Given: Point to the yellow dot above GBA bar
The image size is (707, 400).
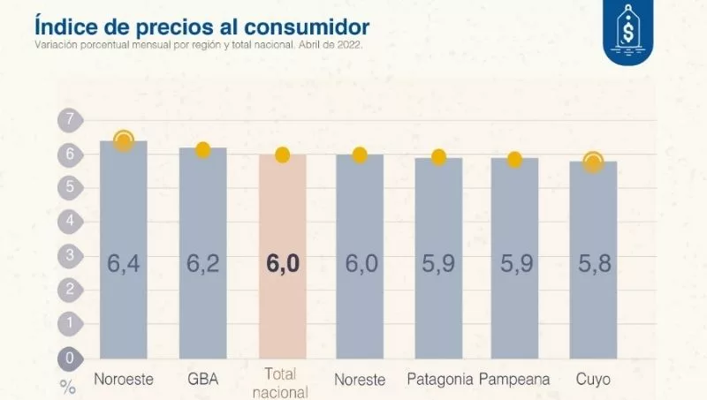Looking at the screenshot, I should coord(202,149).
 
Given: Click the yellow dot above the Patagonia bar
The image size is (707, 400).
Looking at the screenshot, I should coord(438,157).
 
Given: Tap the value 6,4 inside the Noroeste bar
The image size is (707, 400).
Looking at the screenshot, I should coord(124,264).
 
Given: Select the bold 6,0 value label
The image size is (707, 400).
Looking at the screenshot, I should coord(282,264).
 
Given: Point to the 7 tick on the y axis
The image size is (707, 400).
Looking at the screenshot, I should coord(68,119).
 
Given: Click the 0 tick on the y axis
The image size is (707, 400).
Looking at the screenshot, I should coord(68,358).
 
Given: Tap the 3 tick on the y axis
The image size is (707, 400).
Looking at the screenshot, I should coord(68,255).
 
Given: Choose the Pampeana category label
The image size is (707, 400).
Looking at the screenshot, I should coord(514,380).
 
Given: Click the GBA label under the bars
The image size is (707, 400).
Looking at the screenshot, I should coord(202,380).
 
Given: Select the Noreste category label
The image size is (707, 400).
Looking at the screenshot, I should coord(360,380).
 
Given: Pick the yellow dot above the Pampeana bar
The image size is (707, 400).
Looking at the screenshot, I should coord(514,159).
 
